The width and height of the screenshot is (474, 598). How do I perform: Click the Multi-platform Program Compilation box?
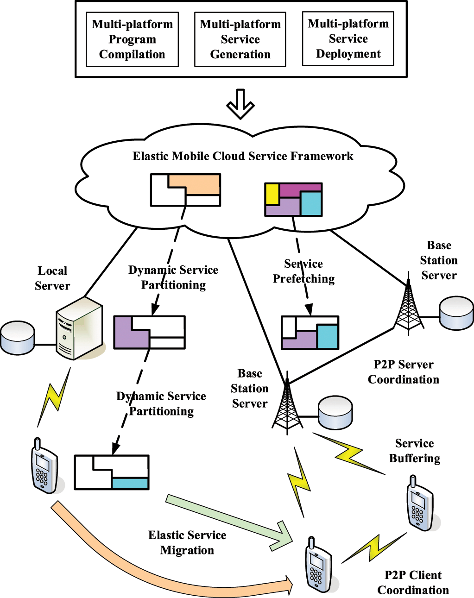(132, 39)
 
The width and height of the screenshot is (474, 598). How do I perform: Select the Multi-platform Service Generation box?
(240, 39)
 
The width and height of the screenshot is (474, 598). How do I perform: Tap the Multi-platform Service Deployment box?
(348, 39)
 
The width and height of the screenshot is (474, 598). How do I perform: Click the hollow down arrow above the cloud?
(240, 104)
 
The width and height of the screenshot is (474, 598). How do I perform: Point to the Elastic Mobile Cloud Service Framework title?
(243, 156)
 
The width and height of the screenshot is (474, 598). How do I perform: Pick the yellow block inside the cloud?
(272, 194)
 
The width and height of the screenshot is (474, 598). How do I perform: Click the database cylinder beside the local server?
(18, 338)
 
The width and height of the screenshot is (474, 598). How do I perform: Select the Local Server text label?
(52, 278)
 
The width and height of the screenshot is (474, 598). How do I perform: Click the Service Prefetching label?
(303, 271)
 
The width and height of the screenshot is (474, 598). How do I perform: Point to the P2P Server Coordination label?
(403, 372)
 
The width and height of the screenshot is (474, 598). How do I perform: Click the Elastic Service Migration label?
(187, 542)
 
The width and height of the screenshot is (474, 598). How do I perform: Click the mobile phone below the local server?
(45, 466)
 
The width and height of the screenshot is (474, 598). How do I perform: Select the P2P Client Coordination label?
(413, 582)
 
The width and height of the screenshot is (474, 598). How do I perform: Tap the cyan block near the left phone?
(130, 483)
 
